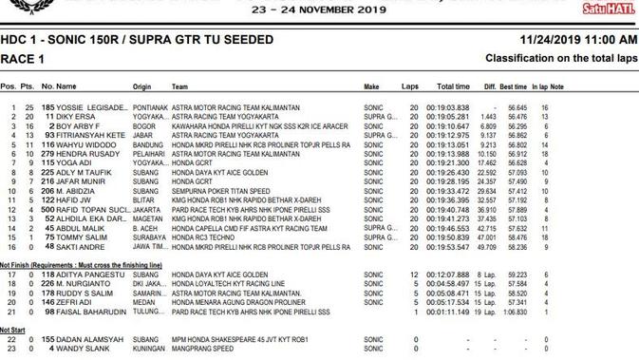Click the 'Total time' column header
[453, 86]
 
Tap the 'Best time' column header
[516, 86]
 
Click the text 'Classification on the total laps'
[561, 58]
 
